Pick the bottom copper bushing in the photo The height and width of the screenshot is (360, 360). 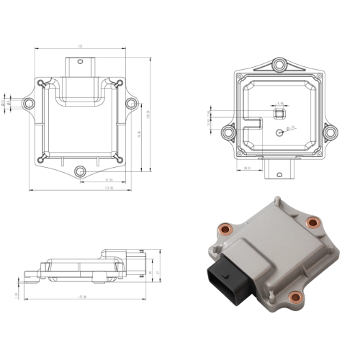coord(293,296)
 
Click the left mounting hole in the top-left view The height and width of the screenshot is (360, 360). coord(30,104)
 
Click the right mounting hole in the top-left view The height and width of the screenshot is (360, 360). coord(131,104)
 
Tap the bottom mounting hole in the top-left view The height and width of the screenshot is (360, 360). coord(81,171)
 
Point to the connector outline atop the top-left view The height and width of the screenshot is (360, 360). coord(80,66)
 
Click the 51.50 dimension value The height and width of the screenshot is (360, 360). coord(109,180)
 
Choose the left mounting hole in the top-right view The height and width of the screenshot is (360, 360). coord(228,132)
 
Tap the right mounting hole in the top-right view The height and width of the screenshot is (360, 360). coord(329,132)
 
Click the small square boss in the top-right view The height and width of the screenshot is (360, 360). coord(280,114)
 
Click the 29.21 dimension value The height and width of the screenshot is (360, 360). coord(248,168)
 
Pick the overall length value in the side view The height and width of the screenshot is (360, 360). coord(81,297)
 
